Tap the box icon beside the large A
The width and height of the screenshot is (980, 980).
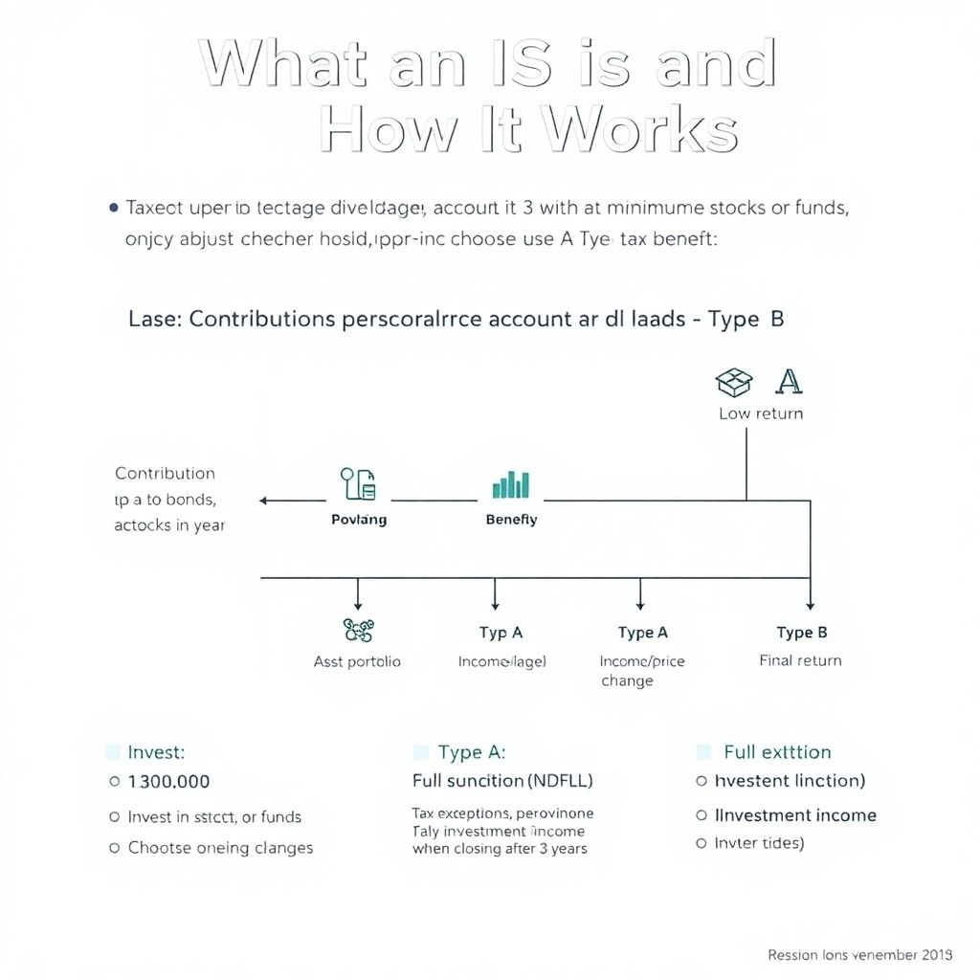(x=733, y=383)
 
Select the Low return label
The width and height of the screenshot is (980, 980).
(x=761, y=414)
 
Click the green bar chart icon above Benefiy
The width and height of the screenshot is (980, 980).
(x=511, y=485)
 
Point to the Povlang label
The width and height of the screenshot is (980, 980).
(x=359, y=520)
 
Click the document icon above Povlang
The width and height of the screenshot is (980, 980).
(x=359, y=485)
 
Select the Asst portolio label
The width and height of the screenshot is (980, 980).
(x=357, y=661)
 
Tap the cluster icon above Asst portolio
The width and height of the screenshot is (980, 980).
(x=358, y=630)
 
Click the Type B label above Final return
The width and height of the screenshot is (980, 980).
(x=801, y=633)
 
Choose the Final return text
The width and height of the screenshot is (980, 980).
(x=800, y=660)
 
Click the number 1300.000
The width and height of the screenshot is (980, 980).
(x=168, y=782)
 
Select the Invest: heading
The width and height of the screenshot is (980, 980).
(x=156, y=752)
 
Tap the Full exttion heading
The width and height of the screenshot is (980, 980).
(x=777, y=752)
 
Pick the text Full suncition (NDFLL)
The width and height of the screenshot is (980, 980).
(x=502, y=781)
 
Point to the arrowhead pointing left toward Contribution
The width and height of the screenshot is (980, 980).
(x=265, y=501)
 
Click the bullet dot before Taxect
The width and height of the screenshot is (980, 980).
(x=115, y=207)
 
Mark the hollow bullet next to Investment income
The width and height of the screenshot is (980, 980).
(x=702, y=815)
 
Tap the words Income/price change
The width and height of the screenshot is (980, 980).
(x=641, y=671)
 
